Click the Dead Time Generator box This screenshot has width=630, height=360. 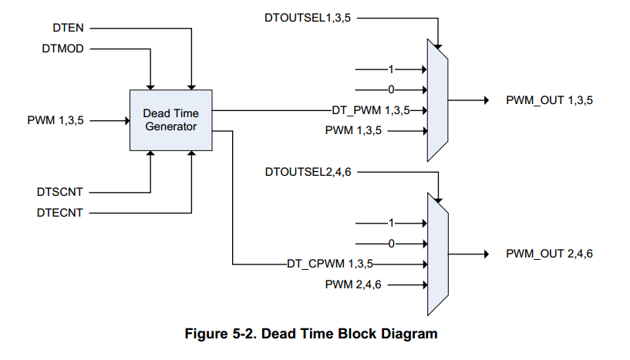171,119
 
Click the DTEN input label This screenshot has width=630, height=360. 68,29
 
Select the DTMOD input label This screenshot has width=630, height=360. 63,49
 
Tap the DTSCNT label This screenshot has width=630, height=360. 59,191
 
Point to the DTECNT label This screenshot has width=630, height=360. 59,211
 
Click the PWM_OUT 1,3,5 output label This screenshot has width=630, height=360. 549,100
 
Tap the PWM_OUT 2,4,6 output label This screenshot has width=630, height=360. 549,254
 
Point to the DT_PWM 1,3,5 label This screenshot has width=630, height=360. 371,110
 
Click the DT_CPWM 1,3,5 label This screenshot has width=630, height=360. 329,264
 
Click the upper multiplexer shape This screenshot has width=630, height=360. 437,99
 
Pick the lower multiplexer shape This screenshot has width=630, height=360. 437,253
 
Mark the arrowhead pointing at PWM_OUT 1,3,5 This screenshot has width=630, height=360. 485,100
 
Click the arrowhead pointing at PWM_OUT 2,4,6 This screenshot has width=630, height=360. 485,254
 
